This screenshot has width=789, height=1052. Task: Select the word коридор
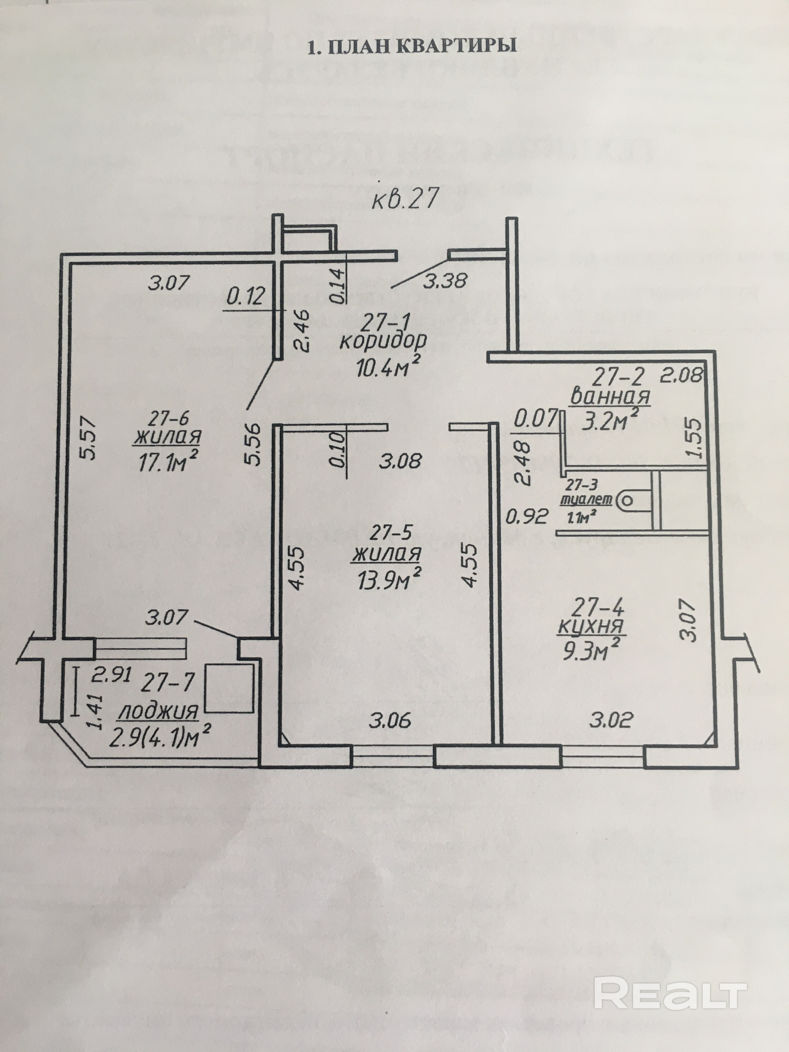383,342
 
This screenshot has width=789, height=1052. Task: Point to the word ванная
610,396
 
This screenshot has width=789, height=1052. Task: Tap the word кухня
592,627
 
